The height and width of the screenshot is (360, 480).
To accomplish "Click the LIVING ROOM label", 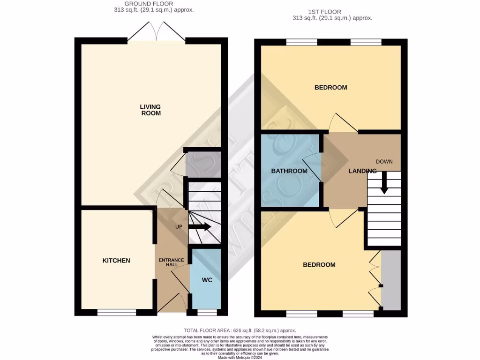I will [150, 110].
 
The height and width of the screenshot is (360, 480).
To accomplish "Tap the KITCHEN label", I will [116, 261].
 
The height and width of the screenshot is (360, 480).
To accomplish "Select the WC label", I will [207, 280].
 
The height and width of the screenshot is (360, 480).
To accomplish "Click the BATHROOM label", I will [289, 171].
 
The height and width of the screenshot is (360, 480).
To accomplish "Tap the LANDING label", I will [362, 171].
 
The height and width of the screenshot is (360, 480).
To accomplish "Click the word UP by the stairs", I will [179, 227].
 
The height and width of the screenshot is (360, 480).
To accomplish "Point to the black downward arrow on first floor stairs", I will [384, 183].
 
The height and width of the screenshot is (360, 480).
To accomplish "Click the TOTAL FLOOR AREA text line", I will [240, 330].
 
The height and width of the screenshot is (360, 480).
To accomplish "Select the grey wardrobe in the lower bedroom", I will [391, 280].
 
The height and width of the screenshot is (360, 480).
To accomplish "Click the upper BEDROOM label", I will [330, 88].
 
